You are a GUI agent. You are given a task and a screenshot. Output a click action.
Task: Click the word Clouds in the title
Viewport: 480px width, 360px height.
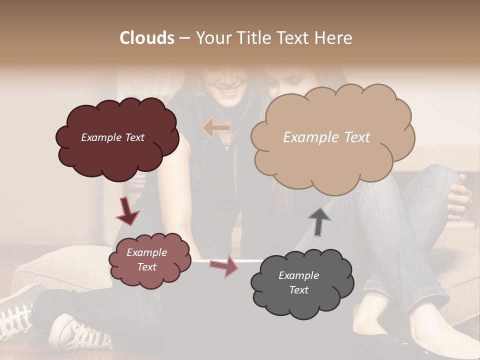(147, 38)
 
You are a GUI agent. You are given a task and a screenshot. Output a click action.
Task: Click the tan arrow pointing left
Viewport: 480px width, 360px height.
(216, 128)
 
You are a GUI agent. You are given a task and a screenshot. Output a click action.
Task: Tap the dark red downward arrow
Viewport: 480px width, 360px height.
(127, 212)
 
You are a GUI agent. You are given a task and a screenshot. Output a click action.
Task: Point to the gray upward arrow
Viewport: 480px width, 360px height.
(319, 221)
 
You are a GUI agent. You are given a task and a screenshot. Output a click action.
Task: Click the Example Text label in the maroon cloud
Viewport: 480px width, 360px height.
(112, 137)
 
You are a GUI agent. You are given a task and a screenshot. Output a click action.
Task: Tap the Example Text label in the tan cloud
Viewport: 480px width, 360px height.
(326, 137)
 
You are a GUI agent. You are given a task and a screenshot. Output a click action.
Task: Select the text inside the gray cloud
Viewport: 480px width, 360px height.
(298, 282)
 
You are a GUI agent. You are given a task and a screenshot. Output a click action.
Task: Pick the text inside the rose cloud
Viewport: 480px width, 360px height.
(146, 259)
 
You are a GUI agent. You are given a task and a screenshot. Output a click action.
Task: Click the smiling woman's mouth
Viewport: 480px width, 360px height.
(230, 91)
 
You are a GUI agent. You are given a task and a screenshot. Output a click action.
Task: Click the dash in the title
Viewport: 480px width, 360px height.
(184, 38)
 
